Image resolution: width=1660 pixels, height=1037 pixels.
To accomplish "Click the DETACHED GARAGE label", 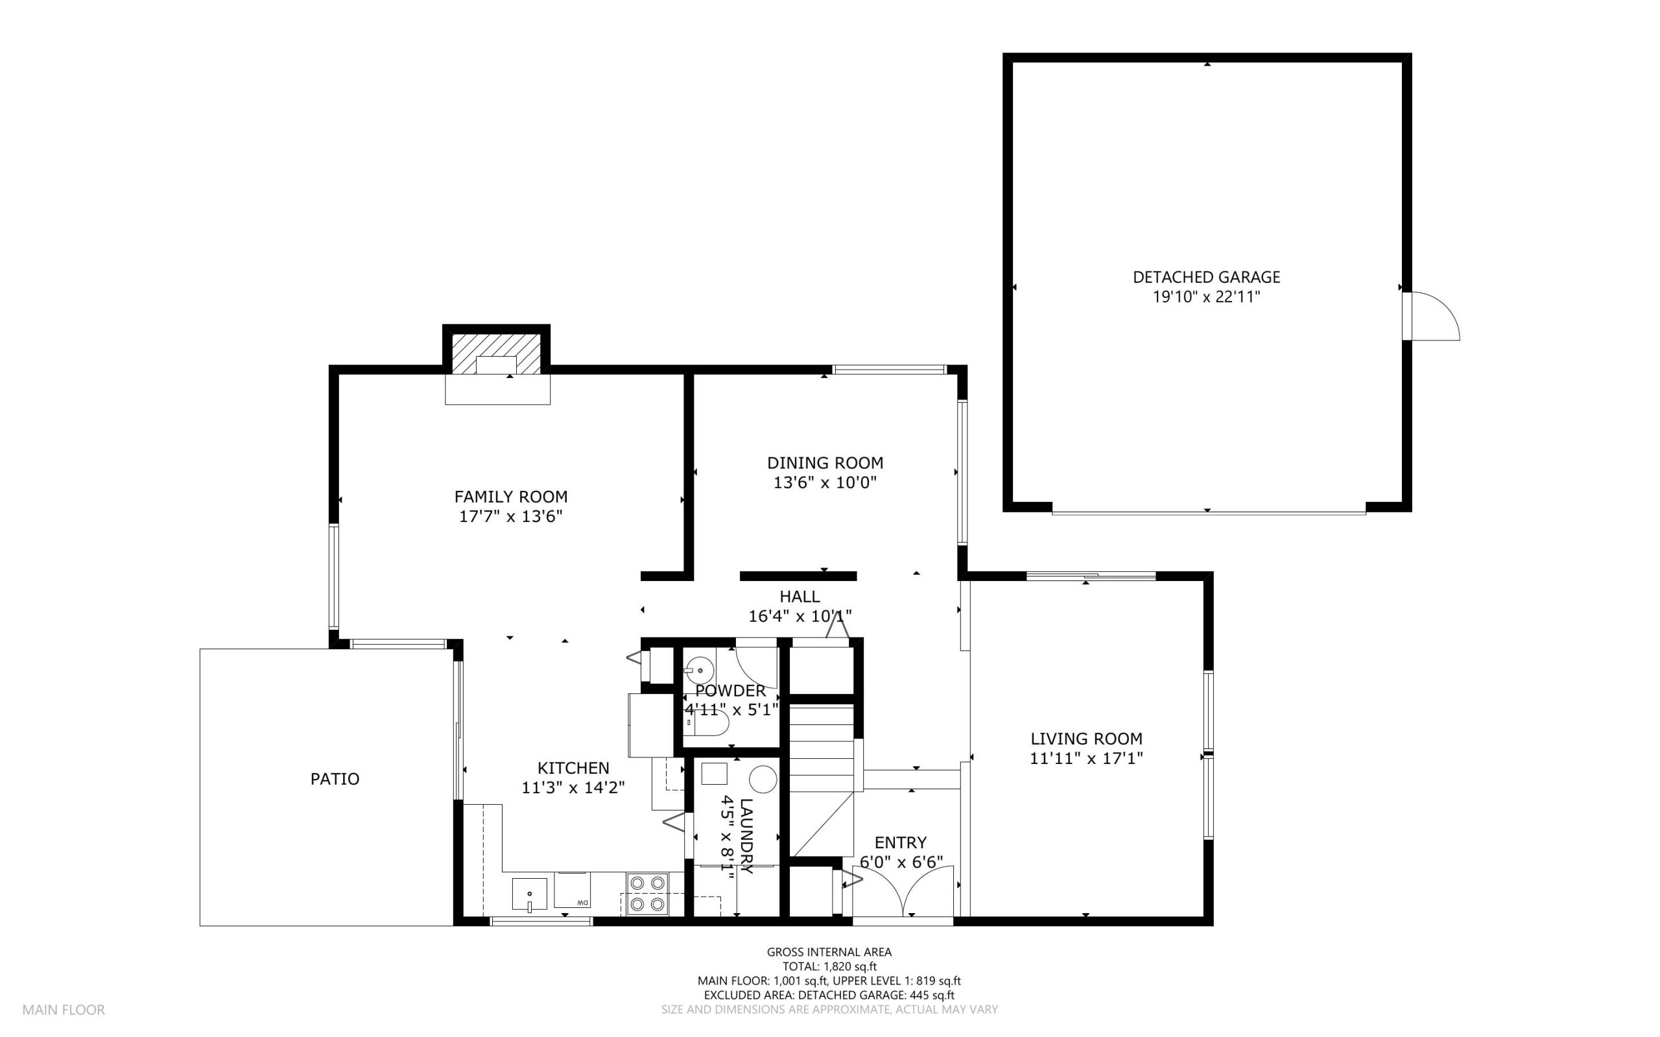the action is coord(1206,277).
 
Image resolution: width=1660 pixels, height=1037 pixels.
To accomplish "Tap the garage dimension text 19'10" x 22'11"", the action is coord(1206,297).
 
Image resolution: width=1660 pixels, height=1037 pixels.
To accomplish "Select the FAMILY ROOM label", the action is coord(511,497).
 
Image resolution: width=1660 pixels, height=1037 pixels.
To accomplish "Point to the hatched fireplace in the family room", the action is coord(497,354).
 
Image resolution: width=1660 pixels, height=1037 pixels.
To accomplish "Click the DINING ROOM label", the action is coord(825,463).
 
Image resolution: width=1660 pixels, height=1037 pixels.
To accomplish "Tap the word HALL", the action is coord(800,597).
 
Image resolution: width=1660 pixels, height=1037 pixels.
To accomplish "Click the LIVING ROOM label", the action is coord(1086,739).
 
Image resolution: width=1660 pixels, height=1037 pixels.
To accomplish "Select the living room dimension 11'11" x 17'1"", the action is coord(1086,759).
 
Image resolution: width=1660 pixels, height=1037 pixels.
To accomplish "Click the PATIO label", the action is coord(335,778).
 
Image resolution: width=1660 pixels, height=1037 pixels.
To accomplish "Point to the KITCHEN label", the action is coord(573,768).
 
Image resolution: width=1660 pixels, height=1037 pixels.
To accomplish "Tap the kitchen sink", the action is coord(529,894).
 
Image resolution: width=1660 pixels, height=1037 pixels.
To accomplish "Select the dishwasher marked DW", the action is coord(573,890).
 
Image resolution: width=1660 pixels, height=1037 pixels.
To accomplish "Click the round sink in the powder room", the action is coord(700,669).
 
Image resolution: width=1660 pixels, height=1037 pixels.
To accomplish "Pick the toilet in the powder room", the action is coord(706,722).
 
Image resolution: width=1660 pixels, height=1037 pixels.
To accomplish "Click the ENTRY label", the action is coord(900,842).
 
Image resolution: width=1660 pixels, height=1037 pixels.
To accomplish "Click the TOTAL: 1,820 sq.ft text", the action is coord(829,966).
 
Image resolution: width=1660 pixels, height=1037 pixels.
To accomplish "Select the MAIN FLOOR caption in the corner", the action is coord(64,1010).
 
